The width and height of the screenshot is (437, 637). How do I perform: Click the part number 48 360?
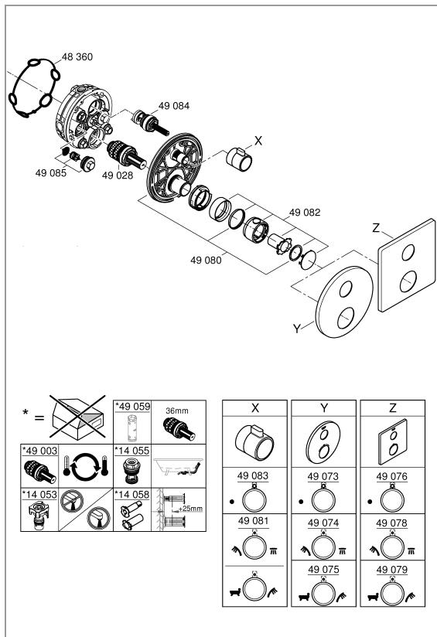77,57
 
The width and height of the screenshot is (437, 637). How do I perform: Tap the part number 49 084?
174,106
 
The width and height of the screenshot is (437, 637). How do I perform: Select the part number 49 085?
51,173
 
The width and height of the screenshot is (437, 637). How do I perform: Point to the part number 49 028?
118,175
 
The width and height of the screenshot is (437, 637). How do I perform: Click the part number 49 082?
305,213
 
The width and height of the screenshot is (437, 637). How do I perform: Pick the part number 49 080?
206,260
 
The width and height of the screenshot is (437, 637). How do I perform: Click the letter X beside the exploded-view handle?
258,141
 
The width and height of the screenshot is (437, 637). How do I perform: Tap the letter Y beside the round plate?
297,329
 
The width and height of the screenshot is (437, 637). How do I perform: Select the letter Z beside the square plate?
376,228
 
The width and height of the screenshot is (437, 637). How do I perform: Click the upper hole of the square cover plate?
408,252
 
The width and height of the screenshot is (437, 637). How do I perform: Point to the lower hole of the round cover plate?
346,318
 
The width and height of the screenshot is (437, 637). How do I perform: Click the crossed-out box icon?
77,417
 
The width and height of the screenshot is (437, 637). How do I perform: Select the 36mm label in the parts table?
177,410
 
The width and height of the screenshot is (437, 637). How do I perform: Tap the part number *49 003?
39,451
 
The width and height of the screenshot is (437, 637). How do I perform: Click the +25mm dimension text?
190,509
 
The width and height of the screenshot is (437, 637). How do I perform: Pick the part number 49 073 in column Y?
323,476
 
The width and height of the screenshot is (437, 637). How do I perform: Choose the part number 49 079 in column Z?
392,570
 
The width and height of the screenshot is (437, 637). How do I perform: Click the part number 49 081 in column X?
254,521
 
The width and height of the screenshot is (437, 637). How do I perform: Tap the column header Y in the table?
324,408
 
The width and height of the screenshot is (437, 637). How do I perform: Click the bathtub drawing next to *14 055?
178,466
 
